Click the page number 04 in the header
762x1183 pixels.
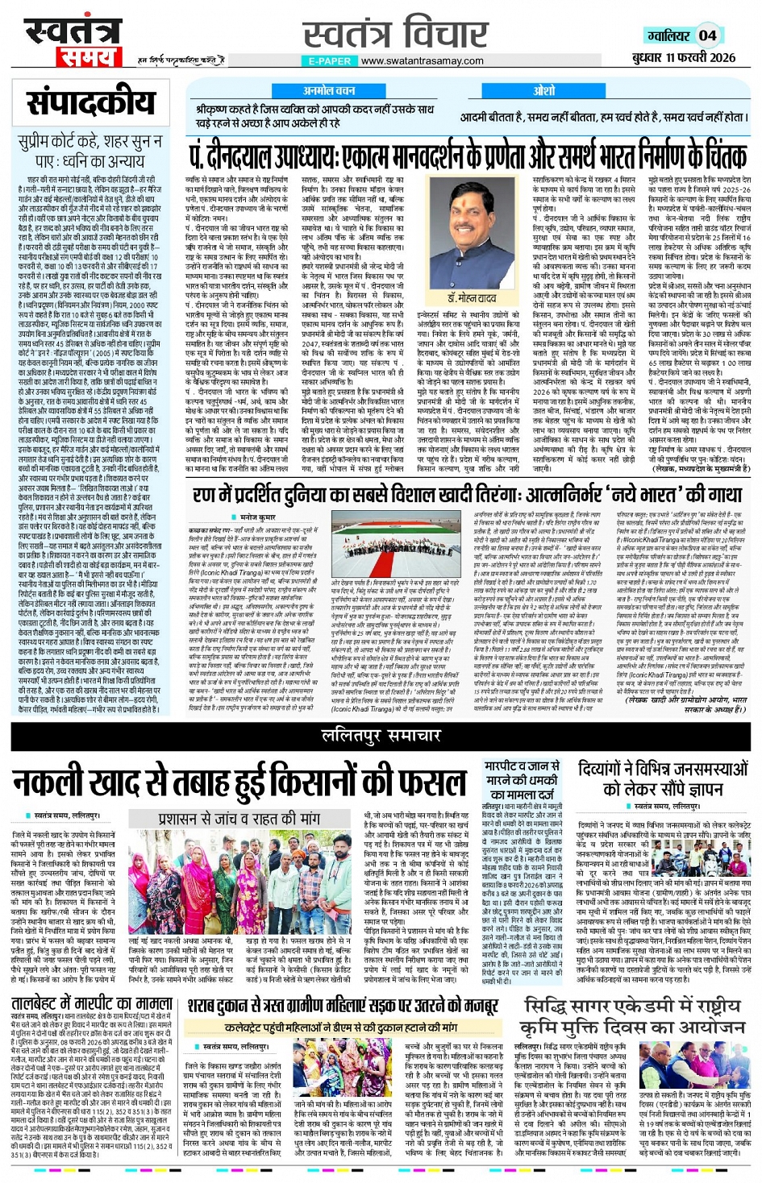pyautogui.click(x=707, y=35)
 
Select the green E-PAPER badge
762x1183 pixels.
pyautogui.click(x=329, y=61)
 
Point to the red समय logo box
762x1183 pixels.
pyautogui.click(x=88, y=57)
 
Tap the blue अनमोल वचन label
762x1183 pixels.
pyautogui.click(x=329, y=91)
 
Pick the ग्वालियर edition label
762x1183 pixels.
pyautogui.click(x=668, y=35)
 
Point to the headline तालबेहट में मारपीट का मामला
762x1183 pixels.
pyautogui.click(x=92, y=1003)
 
